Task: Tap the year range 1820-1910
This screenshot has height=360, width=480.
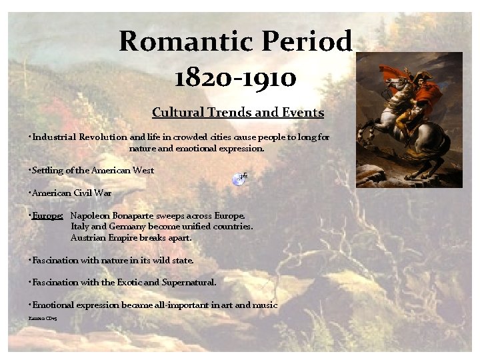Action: [x=236, y=77]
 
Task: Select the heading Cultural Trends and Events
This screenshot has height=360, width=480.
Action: [x=238, y=113]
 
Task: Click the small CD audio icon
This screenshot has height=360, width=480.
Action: [x=240, y=178]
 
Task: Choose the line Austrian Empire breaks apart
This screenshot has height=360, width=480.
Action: [x=131, y=237]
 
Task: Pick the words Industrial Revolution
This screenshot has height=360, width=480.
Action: [x=76, y=137]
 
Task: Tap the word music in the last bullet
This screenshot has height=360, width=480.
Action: [x=265, y=305]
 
